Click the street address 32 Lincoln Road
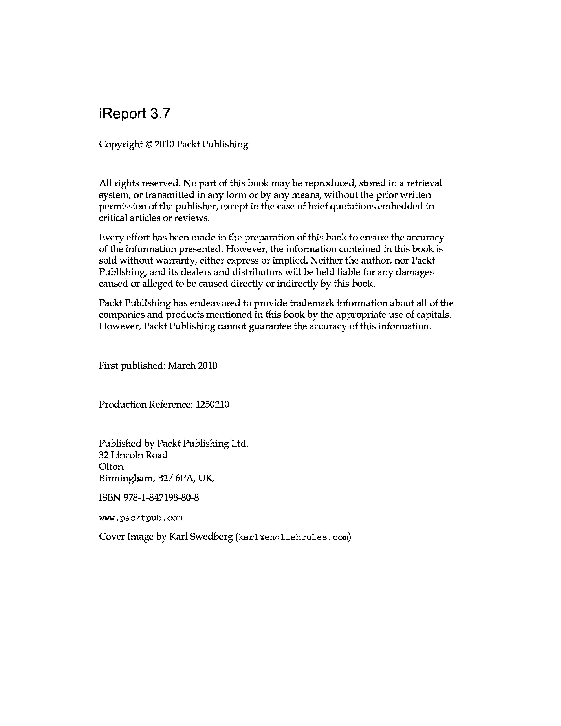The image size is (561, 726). [133, 455]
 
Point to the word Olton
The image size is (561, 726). [111, 466]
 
